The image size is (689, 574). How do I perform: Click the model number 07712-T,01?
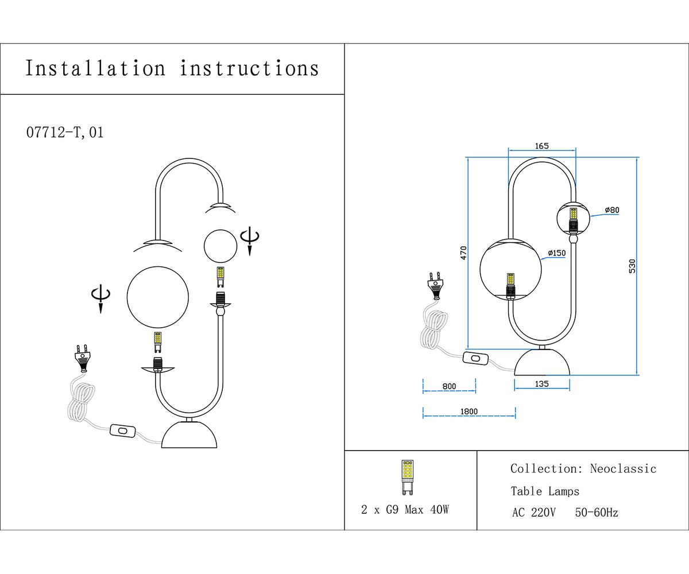click(x=65, y=133)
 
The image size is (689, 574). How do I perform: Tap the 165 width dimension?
click(x=542, y=146)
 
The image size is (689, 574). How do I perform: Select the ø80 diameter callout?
click(x=612, y=210)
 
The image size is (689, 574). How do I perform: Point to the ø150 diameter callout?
click(x=557, y=253)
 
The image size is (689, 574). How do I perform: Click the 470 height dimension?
click(x=463, y=253)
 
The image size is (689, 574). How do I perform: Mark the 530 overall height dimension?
click(x=632, y=266)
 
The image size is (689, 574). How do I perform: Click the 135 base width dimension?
click(x=541, y=383)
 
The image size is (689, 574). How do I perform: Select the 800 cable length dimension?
click(x=449, y=386)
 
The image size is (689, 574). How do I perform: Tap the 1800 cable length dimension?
click(x=469, y=412)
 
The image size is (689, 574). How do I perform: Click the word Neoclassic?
click(x=623, y=469)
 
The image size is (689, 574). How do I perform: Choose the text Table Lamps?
click(x=545, y=491)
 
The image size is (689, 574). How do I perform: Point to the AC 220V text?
click(x=533, y=513)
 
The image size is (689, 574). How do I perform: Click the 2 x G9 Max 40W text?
click(x=405, y=509)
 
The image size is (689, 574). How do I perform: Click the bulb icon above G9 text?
click(x=407, y=477)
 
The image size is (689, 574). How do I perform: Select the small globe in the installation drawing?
click(x=220, y=245)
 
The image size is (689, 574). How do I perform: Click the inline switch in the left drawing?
click(x=121, y=430)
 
